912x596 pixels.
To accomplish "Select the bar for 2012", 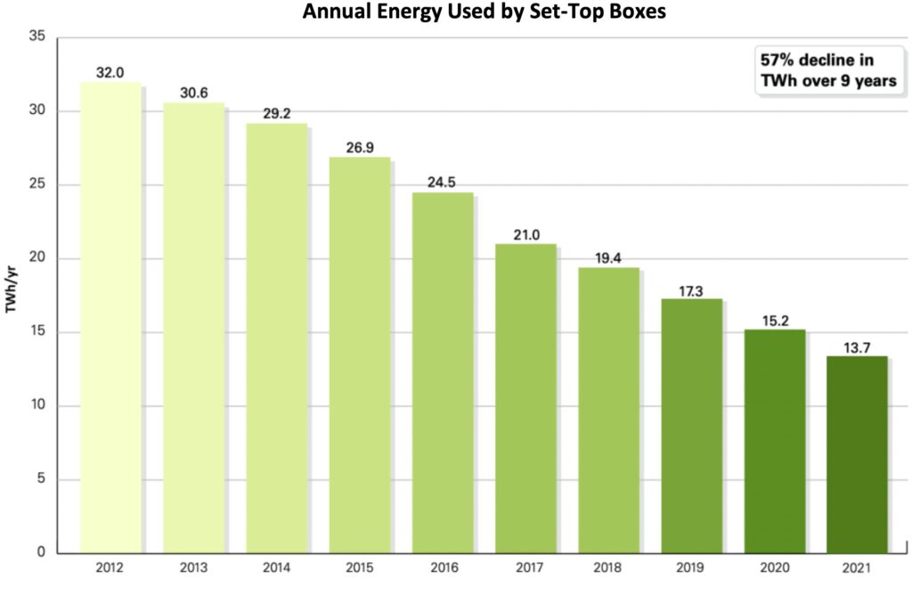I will point(110,317).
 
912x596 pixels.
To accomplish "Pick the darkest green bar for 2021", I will point(857,454).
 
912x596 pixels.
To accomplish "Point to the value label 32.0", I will point(110,72).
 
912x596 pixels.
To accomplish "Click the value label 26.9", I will point(359,147).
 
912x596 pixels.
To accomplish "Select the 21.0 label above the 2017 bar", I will point(525,233).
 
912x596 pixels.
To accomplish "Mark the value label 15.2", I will point(774,320).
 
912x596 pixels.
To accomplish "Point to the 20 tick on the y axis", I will point(37,259).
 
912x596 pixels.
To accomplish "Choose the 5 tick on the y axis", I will point(40,480).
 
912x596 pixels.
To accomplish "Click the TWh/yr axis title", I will point(13,295).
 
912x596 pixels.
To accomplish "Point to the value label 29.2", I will point(276,113).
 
